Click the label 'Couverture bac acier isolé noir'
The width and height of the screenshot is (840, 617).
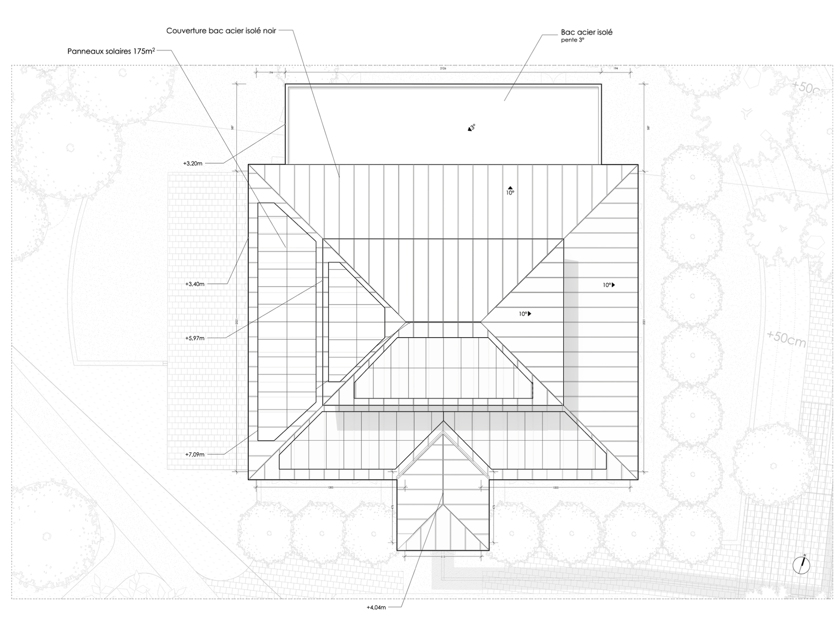pyautogui.click(x=221, y=31)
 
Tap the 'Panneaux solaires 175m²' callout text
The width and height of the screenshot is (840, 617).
pyautogui.click(x=111, y=51)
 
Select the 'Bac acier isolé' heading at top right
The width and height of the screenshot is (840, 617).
pyautogui.click(x=586, y=32)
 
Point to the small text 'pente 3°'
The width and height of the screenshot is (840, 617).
pyautogui.click(x=572, y=40)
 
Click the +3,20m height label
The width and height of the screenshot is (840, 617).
pyautogui.click(x=192, y=164)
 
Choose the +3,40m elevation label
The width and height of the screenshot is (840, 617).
pyautogui.click(x=195, y=284)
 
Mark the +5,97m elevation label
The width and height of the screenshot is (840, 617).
pyautogui.click(x=195, y=338)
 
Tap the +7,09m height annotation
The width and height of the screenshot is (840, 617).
pyautogui.click(x=195, y=454)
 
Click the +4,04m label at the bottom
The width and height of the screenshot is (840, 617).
pyautogui.click(x=376, y=607)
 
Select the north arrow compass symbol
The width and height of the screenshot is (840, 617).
pyautogui.click(x=801, y=565)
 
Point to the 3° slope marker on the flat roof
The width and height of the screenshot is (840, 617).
pyautogui.click(x=471, y=128)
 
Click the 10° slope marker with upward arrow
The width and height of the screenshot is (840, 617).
pyautogui.click(x=510, y=191)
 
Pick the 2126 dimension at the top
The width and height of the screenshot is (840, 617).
pyautogui.click(x=443, y=69)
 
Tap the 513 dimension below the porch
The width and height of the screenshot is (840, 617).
pyautogui.click(x=443, y=557)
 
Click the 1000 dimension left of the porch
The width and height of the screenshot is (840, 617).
pyautogui.click(x=330, y=488)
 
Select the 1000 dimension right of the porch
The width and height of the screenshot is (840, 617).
pyautogui.click(x=556, y=488)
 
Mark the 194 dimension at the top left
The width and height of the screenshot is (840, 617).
pyautogui.click(x=270, y=73)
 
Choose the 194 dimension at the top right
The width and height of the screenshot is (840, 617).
pyautogui.click(x=616, y=69)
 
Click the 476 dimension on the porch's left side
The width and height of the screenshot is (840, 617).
pyautogui.click(x=392, y=507)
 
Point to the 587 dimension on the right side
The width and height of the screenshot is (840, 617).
pyautogui.click(x=648, y=128)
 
